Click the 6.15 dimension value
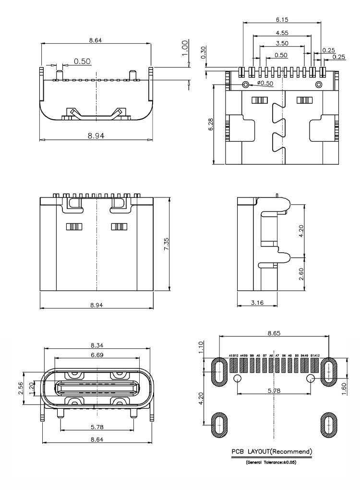tap(282, 20)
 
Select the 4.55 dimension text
tap(282, 33)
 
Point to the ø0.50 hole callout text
tap(265, 83)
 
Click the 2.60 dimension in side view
tap(301, 274)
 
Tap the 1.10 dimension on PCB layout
tap(202, 347)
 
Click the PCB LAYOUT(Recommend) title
tap(272, 452)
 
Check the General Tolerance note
tap(272, 462)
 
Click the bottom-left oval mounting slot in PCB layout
tap(219, 425)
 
